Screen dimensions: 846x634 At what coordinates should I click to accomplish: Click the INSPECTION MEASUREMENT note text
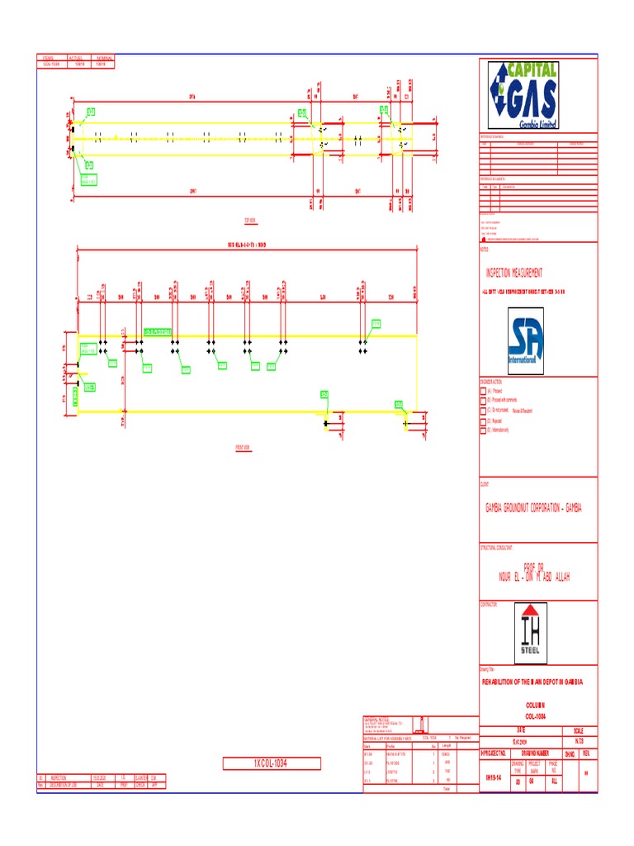(x=513, y=273)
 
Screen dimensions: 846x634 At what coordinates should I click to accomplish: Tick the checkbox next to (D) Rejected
(x=484, y=421)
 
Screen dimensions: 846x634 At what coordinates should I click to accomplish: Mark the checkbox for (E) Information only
(x=484, y=430)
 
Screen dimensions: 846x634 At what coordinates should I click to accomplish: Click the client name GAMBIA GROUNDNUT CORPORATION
(x=532, y=508)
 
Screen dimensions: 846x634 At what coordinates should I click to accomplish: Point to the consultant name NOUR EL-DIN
(x=534, y=575)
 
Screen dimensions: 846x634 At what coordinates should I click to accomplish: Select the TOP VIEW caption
(x=250, y=221)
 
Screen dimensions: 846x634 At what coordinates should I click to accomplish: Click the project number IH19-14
(x=493, y=777)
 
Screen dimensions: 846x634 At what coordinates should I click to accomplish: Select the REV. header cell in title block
(x=587, y=753)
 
